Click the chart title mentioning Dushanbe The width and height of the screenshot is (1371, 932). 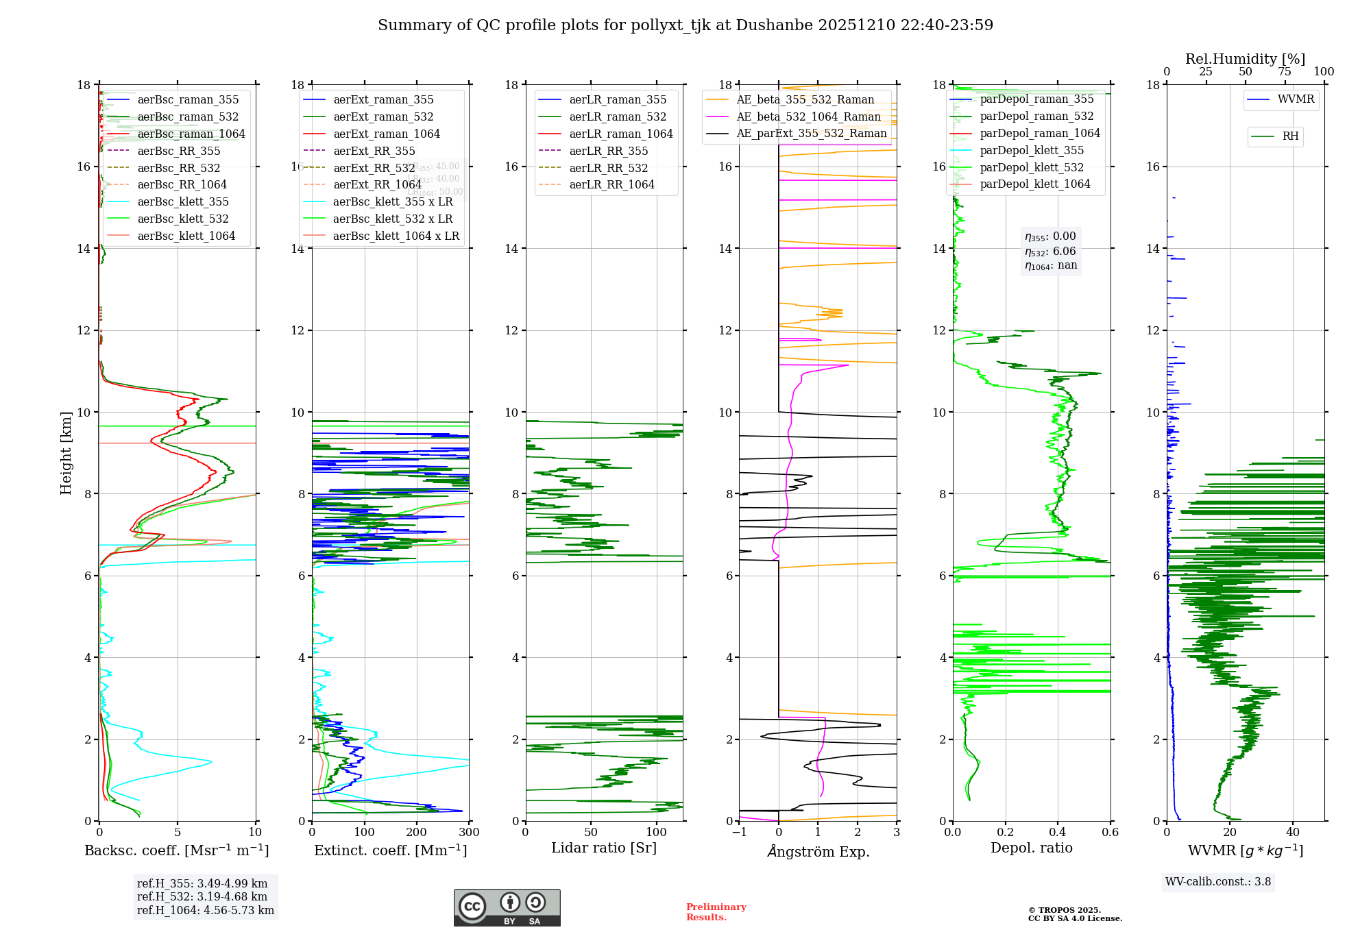(685, 25)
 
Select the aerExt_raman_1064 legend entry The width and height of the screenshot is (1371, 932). (387, 134)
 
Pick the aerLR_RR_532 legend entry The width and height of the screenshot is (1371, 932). (608, 168)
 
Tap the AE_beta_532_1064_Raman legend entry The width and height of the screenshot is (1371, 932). (808, 116)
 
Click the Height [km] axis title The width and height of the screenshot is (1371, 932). (66, 453)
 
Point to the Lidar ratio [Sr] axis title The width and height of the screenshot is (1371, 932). (604, 848)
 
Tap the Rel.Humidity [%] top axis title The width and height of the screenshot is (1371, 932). (1246, 59)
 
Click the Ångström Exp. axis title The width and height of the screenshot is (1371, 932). (818, 851)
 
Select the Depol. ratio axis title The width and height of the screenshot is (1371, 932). (1032, 848)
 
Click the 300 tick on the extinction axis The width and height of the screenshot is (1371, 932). (470, 833)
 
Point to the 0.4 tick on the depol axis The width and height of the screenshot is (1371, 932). (1058, 833)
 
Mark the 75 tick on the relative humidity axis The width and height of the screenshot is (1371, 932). (1285, 72)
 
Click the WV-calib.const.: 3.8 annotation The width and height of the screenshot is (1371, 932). (1218, 882)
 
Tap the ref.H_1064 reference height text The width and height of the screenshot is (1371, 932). (206, 911)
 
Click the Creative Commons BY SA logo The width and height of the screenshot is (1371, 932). (507, 908)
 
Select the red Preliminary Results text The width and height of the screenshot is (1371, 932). (716, 912)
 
